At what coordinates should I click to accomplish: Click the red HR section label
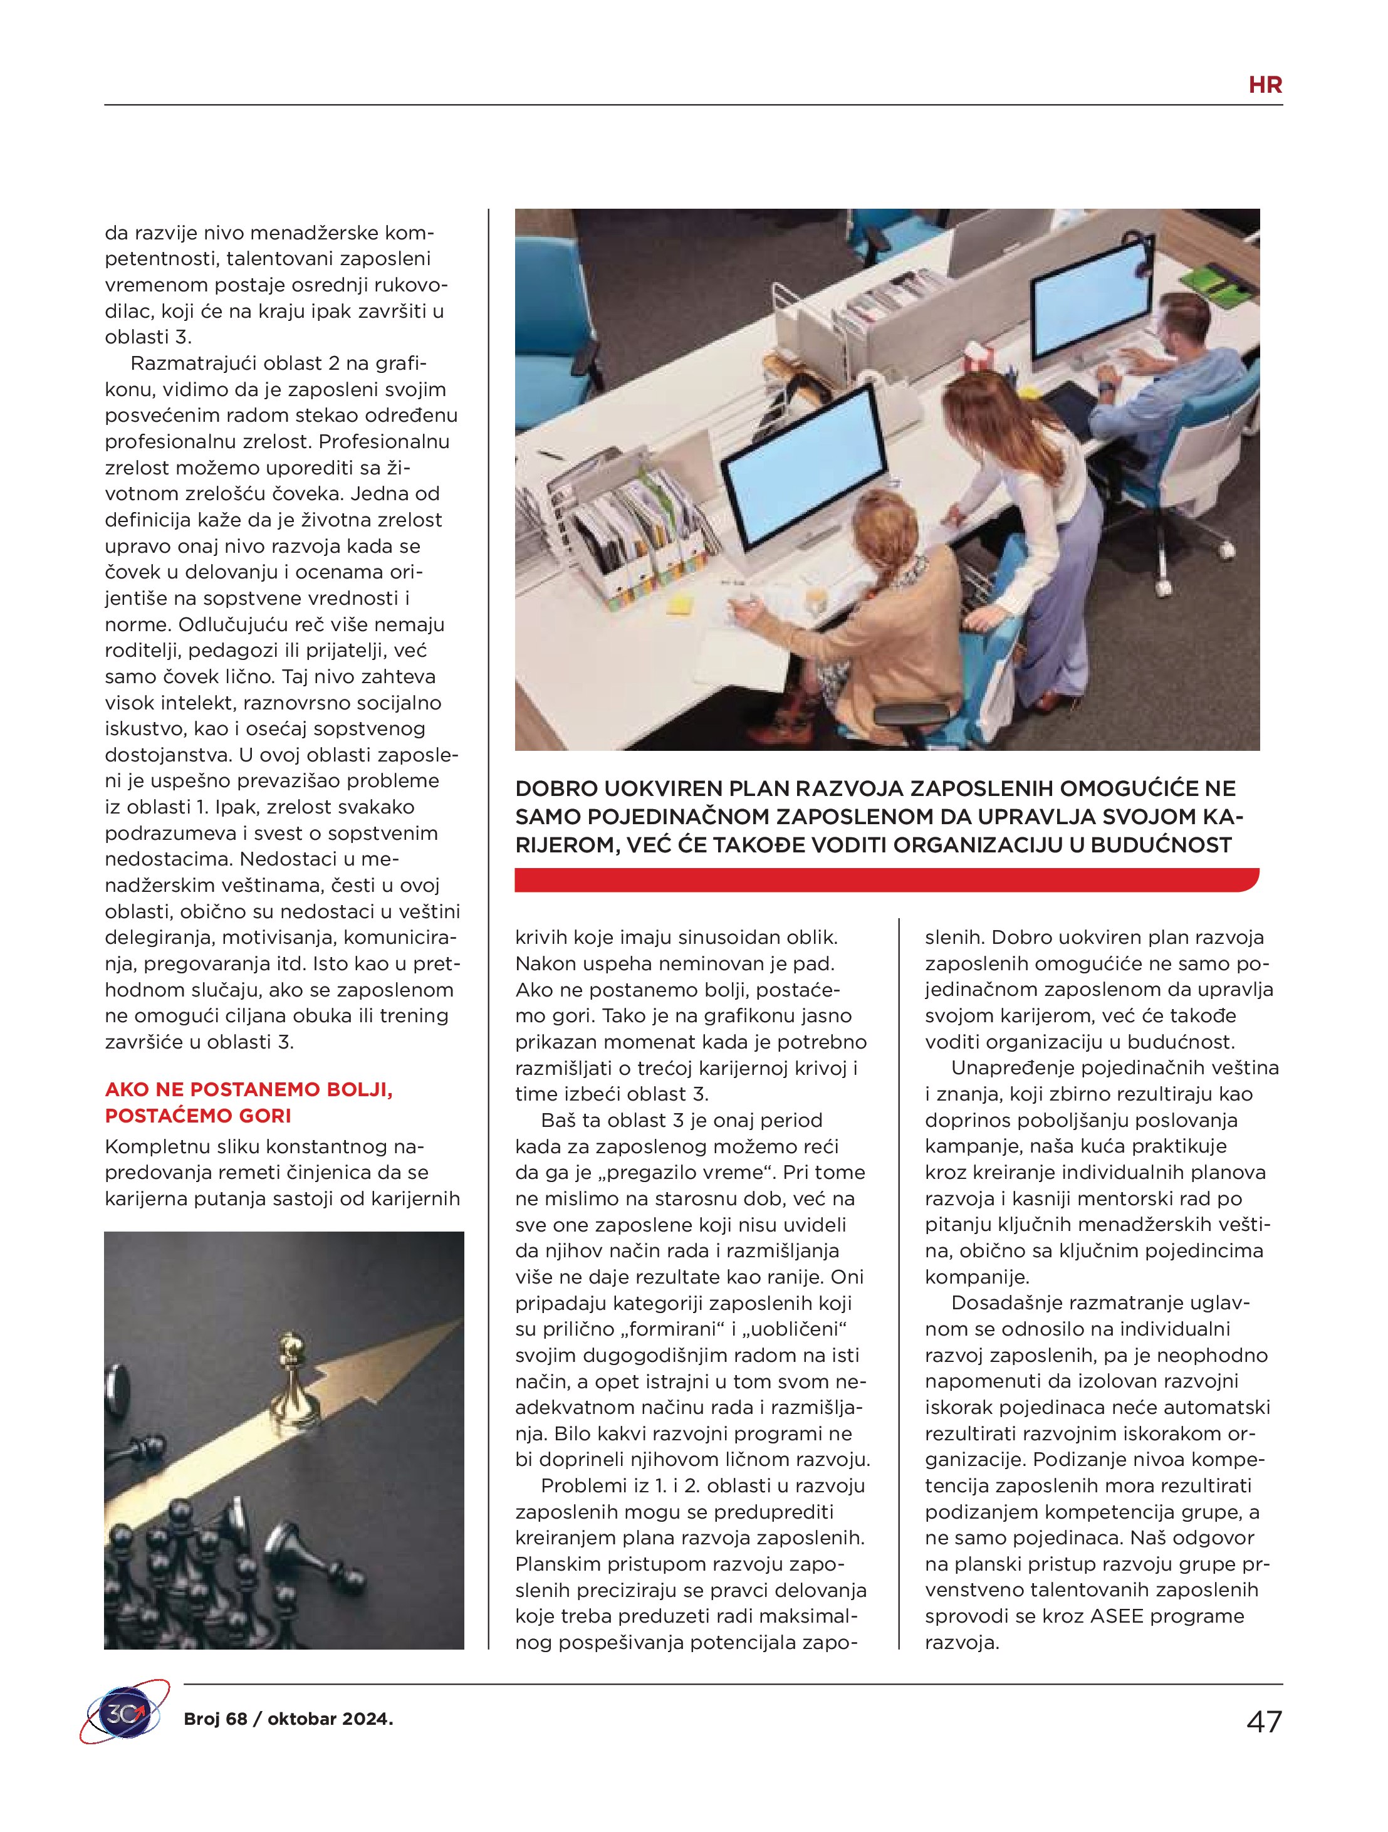coord(1265,85)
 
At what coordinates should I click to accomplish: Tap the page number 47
coord(1264,1721)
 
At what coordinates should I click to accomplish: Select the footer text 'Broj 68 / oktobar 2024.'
coord(288,1719)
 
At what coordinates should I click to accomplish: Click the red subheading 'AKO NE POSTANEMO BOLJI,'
coord(248,1089)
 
